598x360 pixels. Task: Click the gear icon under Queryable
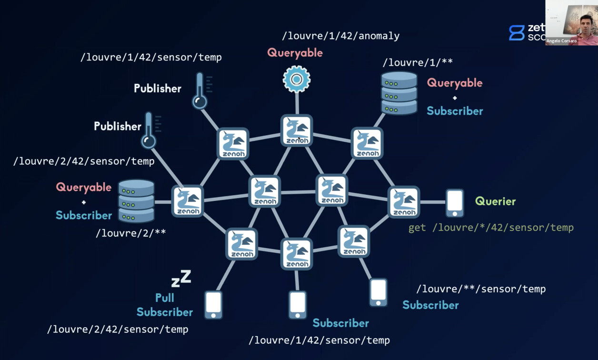click(x=297, y=79)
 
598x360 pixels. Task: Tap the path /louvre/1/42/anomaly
click(x=340, y=36)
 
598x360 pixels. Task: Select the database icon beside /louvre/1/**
click(x=399, y=93)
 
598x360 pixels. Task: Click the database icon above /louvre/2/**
click(x=136, y=201)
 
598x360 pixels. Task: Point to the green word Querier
click(x=495, y=201)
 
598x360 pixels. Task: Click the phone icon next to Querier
click(x=455, y=203)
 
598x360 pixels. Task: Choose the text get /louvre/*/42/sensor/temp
click(x=491, y=228)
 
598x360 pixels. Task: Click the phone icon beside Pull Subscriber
click(x=213, y=305)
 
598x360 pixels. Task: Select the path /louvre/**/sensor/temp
click(x=481, y=289)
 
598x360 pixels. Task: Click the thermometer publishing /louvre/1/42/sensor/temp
click(x=200, y=90)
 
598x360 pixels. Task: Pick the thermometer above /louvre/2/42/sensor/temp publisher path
click(x=149, y=130)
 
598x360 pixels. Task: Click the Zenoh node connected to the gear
click(x=297, y=130)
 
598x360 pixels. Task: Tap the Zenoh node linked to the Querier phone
click(x=404, y=202)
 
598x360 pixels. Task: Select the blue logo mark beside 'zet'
click(x=516, y=32)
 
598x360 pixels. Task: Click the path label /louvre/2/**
click(x=131, y=233)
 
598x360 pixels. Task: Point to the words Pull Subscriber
click(x=165, y=305)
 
